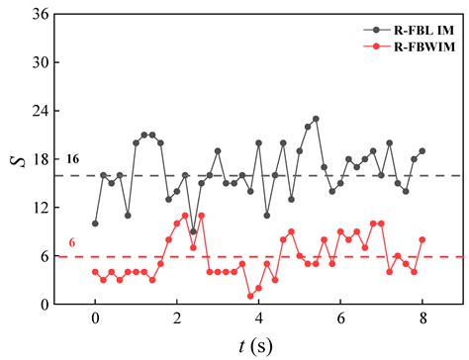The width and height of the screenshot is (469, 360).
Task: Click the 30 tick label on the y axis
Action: [42, 63]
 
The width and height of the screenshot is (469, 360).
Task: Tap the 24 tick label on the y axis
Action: [42, 112]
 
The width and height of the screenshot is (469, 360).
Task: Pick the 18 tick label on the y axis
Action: [42, 159]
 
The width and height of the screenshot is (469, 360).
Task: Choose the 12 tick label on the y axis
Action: [42, 208]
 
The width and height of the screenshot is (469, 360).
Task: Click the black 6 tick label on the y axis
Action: [46, 255]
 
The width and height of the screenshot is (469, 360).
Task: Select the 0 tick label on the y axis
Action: [46, 304]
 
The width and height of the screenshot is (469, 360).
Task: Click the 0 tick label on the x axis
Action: [95, 320]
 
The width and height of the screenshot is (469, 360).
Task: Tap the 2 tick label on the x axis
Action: [177, 320]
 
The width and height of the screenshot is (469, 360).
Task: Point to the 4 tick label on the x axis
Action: [259, 320]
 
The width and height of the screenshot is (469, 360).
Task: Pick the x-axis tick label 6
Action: [340, 320]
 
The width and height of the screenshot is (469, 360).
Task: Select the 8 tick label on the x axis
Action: [422, 320]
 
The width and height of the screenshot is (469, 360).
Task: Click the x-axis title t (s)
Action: [258, 345]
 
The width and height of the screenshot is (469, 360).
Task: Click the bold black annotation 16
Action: [72, 159]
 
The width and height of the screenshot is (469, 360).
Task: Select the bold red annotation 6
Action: [72, 242]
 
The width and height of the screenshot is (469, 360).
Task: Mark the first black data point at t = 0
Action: [95, 224]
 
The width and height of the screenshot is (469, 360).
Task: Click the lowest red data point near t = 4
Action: [250, 296]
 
